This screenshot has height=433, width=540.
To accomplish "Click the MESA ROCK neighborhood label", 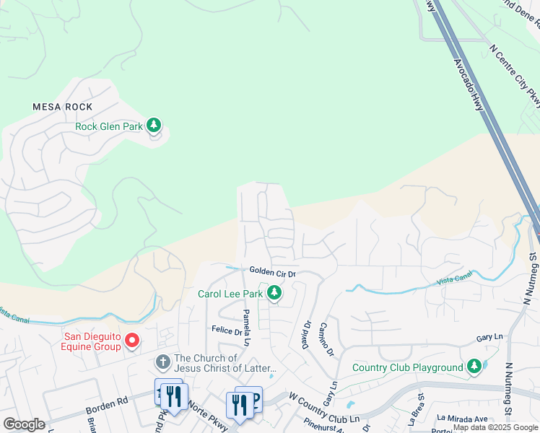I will (63, 107).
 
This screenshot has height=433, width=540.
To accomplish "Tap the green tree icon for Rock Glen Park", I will (154, 126).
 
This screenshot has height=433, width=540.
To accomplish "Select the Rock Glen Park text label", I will (108, 126).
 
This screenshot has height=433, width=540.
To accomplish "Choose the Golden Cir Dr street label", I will (272, 272).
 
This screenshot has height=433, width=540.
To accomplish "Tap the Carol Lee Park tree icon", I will (274, 293).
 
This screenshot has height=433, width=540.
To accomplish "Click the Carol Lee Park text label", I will (230, 294).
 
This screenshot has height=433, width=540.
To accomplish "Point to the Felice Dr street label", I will (226, 331).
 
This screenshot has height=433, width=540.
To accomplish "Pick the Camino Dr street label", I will (326, 337).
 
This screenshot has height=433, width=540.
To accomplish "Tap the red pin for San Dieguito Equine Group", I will (132, 340).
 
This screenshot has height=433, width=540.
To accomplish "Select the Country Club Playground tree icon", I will (474, 367).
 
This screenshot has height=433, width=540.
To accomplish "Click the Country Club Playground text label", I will (407, 367).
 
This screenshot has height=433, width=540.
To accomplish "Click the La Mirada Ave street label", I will (461, 418).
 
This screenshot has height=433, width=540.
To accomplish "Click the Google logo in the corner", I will (24, 424).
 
